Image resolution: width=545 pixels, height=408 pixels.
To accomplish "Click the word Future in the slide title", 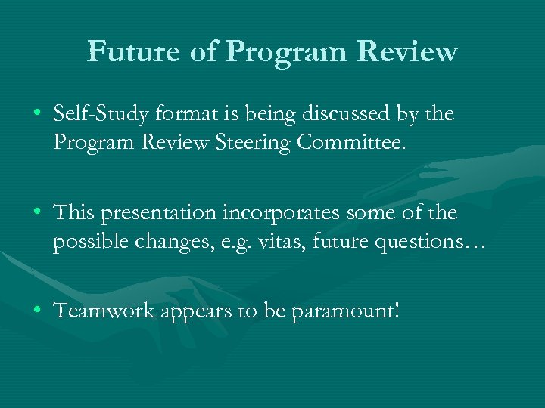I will [x=130, y=51].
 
